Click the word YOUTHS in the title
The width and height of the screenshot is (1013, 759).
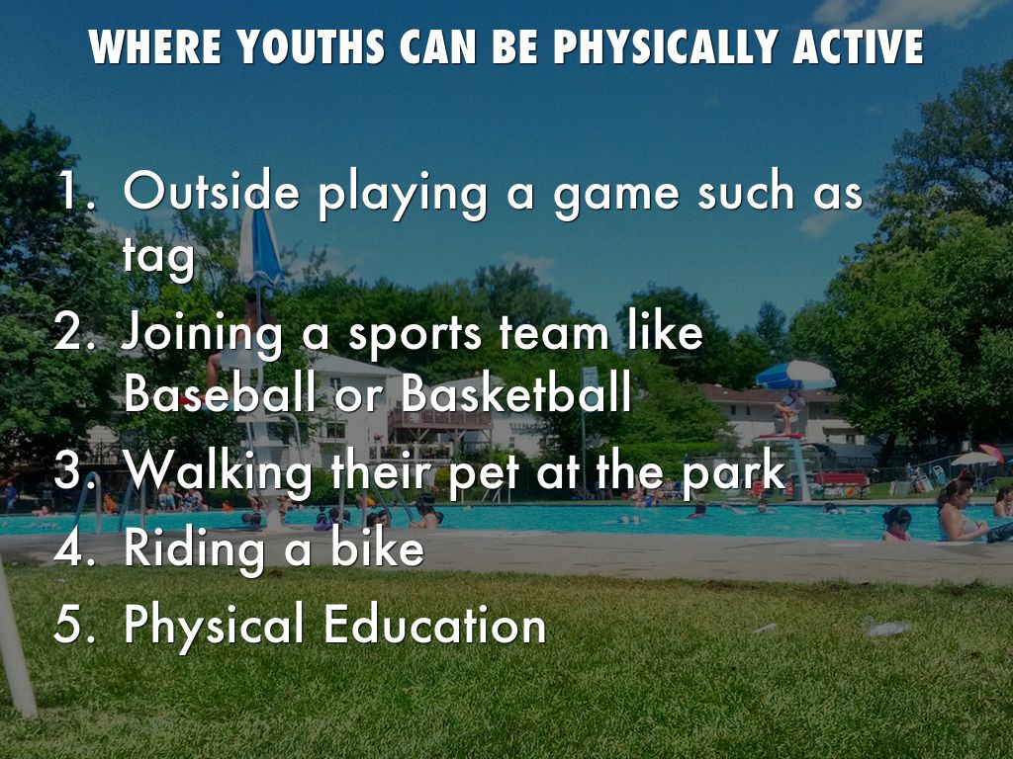click(x=311, y=46)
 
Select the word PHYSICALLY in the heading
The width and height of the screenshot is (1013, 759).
click(x=666, y=46)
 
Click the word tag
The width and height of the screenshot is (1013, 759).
click(x=158, y=257)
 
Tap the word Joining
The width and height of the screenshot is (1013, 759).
click(x=202, y=334)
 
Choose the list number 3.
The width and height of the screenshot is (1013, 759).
click(x=73, y=469)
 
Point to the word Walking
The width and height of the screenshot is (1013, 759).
click(x=218, y=471)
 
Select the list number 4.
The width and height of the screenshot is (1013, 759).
click(x=73, y=548)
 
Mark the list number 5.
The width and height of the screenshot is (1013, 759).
click(x=73, y=624)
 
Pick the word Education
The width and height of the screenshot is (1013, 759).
click(x=435, y=624)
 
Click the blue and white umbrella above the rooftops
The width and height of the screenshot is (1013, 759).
click(x=795, y=375)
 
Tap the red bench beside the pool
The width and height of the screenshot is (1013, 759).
click(x=841, y=481)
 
